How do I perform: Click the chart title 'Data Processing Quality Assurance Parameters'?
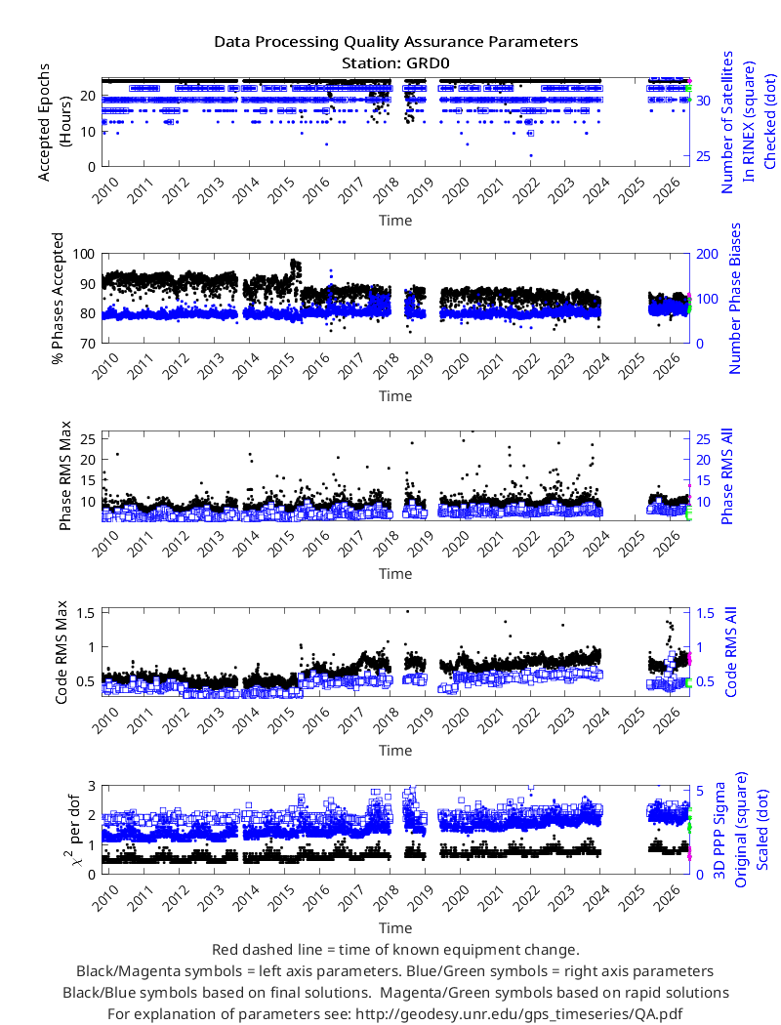[395, 42]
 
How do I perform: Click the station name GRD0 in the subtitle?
[428, 63]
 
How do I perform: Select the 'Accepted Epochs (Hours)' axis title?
[54, 122]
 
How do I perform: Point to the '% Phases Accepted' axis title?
[59, 298]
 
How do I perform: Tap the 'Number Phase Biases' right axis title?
[735, 298]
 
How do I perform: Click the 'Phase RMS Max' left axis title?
[64, 476]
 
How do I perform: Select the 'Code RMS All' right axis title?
[730, 652]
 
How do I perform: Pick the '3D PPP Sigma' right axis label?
[720, 830]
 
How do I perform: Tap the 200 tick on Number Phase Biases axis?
[707, 254]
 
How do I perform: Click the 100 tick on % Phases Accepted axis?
[84, 254]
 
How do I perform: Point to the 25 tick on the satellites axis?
[703, 156]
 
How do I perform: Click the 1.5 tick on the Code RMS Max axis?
[86, 612]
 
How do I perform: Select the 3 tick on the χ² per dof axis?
[92, 785]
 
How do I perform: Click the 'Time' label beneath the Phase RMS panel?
[395, 574]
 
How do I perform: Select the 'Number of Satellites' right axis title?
[727, 122]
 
